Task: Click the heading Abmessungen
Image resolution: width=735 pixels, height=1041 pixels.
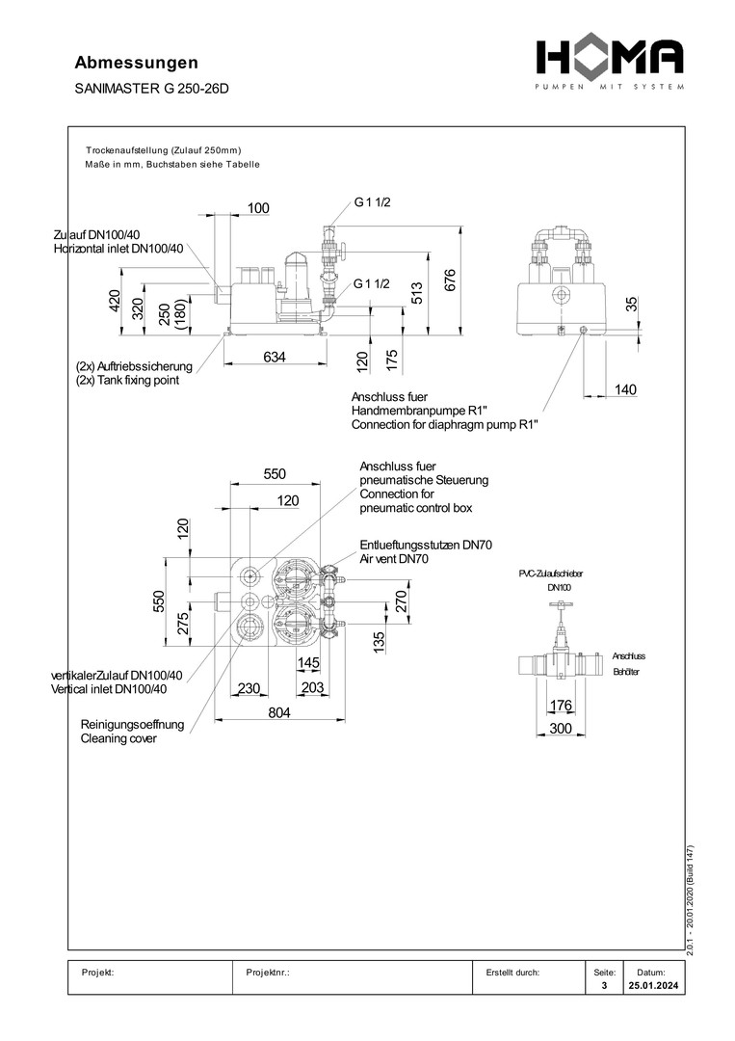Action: (x=136, y=63)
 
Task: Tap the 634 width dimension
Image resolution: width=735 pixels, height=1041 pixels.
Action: (x=275, y=358)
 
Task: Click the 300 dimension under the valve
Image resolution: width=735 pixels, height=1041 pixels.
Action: (x=560, y=728)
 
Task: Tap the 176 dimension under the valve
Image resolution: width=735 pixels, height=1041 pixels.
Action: (x=561, y=705)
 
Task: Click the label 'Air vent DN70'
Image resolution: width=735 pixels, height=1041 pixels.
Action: (x=394, y=558)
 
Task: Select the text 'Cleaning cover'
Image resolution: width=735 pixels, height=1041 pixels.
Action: (x=118, y=738)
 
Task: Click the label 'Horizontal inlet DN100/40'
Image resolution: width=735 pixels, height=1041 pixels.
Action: (x=118, y=249)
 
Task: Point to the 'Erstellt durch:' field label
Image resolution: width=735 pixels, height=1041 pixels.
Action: (x=513, y=973)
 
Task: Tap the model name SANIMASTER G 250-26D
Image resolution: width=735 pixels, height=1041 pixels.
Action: (x=152, y=89)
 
